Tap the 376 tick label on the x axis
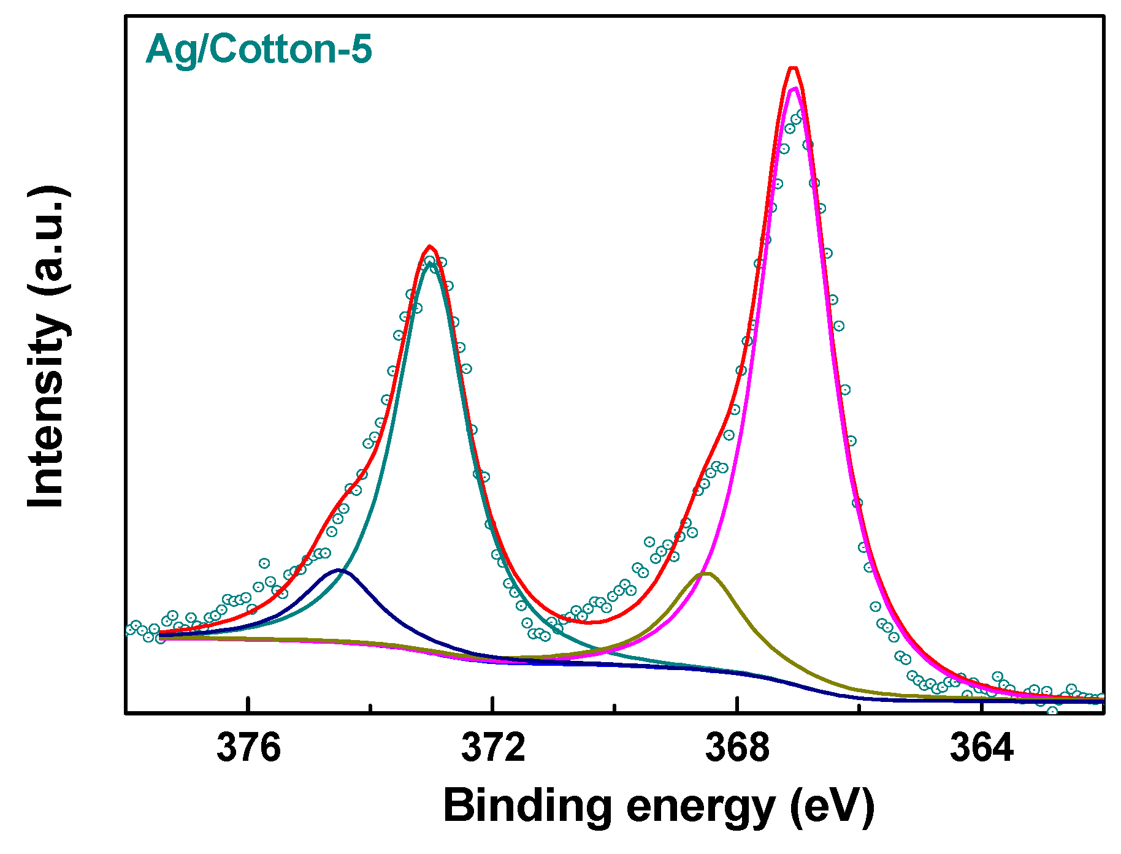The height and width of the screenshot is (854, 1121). tap(248, 749)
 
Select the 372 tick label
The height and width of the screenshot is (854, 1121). tap(493, 749)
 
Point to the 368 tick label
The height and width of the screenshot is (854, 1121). tap(737, 749)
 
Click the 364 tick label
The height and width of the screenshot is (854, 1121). tap(981, 749)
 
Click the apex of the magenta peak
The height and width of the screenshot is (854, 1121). tap(795, 89)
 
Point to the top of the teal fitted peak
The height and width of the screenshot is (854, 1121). tap(431, 265)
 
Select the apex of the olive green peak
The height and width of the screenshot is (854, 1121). tap(707, 574)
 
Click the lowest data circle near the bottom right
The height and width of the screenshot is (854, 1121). tap(1053, 711)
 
